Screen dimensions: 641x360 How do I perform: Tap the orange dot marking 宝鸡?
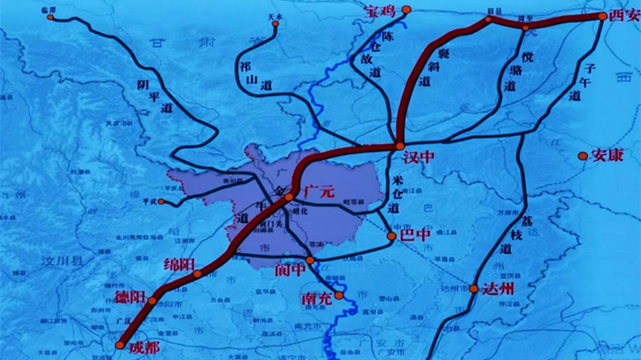(406, 10)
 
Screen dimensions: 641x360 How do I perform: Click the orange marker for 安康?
(583, 156)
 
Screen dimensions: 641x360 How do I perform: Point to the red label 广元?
(319, 191)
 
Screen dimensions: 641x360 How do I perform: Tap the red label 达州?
(498, 288)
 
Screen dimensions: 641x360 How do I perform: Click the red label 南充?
(317, 299)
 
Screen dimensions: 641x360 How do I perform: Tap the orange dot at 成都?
(120, 345)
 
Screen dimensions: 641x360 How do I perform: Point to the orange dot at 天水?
(276, 24)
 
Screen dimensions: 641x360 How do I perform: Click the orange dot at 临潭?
(51, 17)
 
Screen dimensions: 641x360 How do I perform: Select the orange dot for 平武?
(161, 202)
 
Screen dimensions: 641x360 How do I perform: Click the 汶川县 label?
(62, 261)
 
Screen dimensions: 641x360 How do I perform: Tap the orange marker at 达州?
(474, 289)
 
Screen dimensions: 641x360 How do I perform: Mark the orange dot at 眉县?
(488, 19)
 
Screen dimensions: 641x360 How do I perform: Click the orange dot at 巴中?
(392, 236)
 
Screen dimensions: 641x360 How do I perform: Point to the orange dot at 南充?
(339, 295)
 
